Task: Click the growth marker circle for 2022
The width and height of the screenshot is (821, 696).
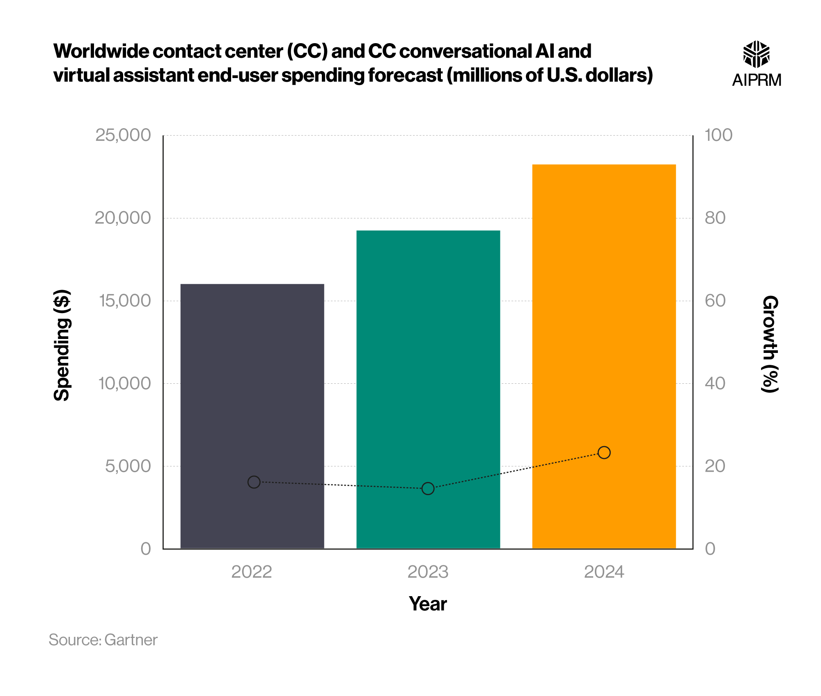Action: point(254,482)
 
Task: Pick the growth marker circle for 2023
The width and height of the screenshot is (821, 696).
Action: point(428,489)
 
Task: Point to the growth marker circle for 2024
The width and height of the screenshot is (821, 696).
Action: point(604,452)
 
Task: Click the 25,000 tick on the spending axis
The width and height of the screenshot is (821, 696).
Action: point(123,135)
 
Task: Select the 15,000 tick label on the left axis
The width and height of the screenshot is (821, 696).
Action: point(125,301)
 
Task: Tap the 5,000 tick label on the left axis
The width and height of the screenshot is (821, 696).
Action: point(128,466)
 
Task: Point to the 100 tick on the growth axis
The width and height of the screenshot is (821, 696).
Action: point(718,135)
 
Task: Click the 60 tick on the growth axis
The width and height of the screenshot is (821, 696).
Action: point(715,301)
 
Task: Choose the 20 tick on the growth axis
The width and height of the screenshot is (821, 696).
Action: point(715,466)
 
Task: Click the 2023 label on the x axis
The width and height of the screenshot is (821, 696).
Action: point(428,572)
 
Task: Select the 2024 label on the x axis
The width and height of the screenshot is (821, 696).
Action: point(604,572)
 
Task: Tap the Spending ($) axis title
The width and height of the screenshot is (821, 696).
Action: point(62,345)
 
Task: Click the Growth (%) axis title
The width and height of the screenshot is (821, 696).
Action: point(770,344)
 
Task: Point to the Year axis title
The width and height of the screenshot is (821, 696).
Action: point(428,604)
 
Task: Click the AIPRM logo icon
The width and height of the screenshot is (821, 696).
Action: point(756,54)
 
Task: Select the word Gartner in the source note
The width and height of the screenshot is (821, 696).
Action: point(131,640)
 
